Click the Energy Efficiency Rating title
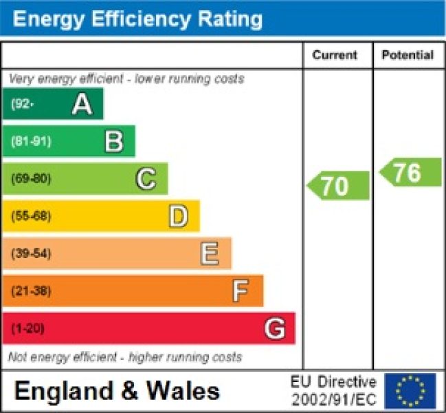click(x=137, y=19)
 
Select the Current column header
click(x=335, y=55)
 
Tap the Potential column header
click(x=408, y=55)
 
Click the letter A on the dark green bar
click(x=82, y=104)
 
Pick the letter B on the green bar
click(x=114, y=142)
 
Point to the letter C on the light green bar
click(x=146, y=179)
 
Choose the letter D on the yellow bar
click(x=178, y=216)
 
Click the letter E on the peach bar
click(x=210, y=253)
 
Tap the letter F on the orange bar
click(x=240, y=291)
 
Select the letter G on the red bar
click(x=274, y=328)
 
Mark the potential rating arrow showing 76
click(x=410, y=172)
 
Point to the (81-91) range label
click(x=31, y=142)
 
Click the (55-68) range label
click(x=31, y=216)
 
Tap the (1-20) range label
click(x=27, y=328)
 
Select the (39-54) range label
click(x=31, y=253)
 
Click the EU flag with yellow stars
click(x=410, y=391)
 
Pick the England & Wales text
click(x=117, y=391)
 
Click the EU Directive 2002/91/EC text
click(x=333, y=391)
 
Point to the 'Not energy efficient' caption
click(x=124, y=357)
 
